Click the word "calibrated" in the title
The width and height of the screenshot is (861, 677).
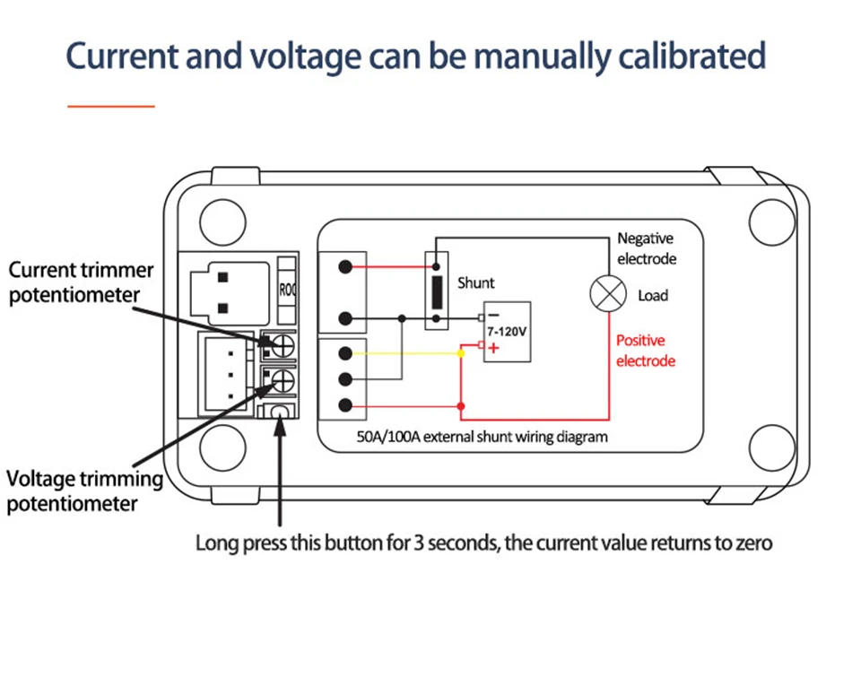[691, 56]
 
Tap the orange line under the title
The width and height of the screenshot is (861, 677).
[111, 106]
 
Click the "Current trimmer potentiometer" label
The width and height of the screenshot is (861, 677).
[81, 282]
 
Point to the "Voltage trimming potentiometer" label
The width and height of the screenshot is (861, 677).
[84, 490]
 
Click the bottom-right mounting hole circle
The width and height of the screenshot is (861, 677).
[771, 445]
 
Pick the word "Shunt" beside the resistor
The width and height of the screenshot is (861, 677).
[475, 282]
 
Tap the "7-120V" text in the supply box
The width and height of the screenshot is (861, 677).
[507, 331]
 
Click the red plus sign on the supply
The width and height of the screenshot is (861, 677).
[493, 347]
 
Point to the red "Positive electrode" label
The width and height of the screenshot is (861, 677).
[645, 351]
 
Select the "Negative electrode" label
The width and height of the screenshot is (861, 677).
[646, 248]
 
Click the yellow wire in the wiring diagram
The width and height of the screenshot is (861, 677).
[413, 354]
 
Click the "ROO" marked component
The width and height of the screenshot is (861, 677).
[287, 290]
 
